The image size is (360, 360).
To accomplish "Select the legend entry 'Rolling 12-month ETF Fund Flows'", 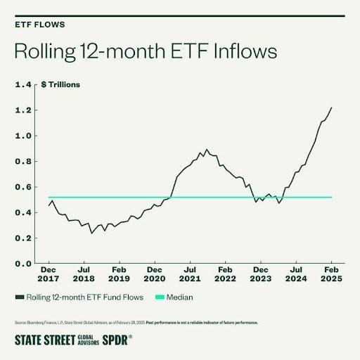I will pos(85,297).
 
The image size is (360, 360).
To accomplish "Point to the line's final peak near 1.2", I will pos(331,108).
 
